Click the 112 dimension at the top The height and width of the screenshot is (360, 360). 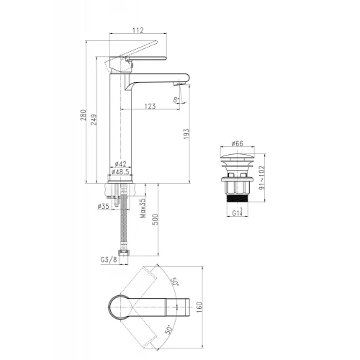click(138, 30)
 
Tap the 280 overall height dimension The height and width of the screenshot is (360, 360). click(83, 115)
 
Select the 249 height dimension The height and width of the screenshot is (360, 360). click(94, 120)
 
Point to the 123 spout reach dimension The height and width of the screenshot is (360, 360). click(150, 106)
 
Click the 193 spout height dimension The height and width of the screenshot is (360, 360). click(186, 134)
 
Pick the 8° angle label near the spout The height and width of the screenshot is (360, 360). click(176, 99)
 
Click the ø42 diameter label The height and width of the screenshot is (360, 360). click(120, 164)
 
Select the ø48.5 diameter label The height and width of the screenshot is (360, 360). click(120, 172)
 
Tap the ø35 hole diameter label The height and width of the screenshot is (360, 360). click(104, 206)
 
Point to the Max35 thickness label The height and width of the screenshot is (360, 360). click(143, 208)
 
